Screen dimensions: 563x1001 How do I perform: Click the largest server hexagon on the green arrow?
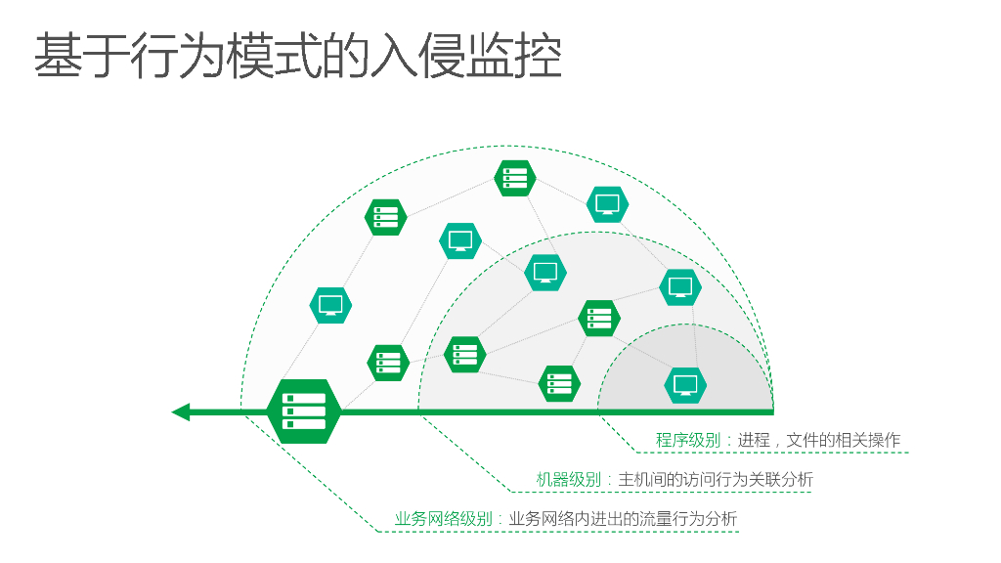303,411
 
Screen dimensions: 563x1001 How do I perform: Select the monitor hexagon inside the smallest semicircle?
685,384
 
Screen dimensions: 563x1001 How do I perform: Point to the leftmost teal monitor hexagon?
330,306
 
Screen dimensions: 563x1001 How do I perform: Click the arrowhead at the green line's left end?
181,412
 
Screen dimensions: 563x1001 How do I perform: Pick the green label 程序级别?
687,441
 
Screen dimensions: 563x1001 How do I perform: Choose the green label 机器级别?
568,480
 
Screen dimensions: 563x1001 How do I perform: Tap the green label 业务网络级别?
443,519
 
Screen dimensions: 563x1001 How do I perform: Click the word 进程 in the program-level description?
754,441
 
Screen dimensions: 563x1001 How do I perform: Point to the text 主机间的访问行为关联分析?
716,480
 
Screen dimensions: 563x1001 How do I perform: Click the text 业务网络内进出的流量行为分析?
623,519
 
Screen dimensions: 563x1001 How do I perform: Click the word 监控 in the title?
509,56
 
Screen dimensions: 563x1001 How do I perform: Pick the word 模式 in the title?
274,56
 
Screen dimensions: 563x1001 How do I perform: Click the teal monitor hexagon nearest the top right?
607,204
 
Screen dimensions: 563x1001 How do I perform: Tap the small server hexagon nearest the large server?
387,363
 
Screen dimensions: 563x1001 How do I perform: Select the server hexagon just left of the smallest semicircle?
559,383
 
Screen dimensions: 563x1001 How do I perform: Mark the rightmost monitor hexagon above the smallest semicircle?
680,287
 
